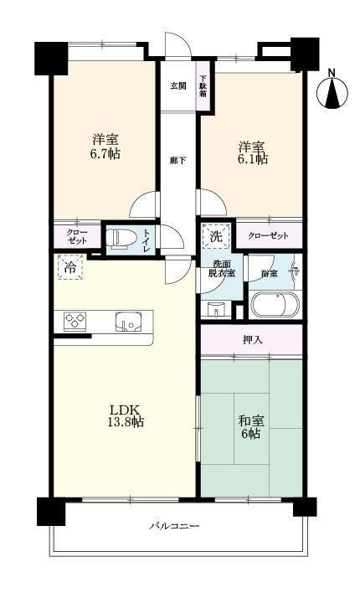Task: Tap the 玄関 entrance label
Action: pos(177,85)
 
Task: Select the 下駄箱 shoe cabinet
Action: pos(203,85)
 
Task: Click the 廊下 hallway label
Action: pos(177,160)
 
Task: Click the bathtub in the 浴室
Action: pos(275,304)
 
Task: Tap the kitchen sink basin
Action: pos(129,321)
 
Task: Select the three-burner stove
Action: pos(75,321)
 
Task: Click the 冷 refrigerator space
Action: pos(69,267)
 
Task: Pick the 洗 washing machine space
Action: pos(216,236)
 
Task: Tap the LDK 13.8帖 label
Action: pos(126,415)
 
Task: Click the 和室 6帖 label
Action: pos(251,427)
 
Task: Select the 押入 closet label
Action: pos(253,340)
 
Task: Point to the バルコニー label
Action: pos(174,526)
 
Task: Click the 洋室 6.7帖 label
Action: pos(105,146)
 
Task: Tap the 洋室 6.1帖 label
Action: pos(253,152)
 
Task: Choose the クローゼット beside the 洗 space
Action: pos(268,235)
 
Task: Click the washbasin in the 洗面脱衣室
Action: pos(216,309)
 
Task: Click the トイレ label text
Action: pos(147,240)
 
